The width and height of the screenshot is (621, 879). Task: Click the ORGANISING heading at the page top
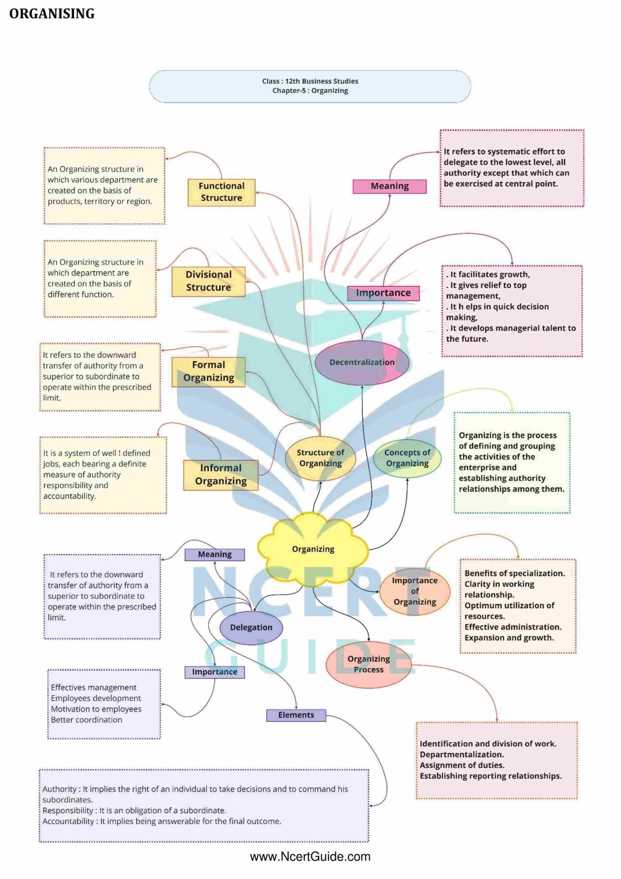(x=52, y=14)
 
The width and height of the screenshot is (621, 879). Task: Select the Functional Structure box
(x=221, y=192)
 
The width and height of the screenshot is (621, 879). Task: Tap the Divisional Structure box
(x=208, y=281)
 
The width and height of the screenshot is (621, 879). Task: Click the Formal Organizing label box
(x=208, y=372)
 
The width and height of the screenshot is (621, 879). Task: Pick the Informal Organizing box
(x=221, y=475)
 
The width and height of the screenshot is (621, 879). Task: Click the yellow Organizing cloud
(x=313, y=549)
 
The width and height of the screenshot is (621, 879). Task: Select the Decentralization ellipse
(x=362, y=362)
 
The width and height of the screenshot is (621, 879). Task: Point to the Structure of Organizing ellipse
(x=321, y=458)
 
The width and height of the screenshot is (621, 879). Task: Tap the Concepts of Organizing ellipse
(x=407, y=458)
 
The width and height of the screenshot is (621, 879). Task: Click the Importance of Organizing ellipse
(x=415, y=591)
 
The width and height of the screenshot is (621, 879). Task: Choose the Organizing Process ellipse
(x=368, y=664)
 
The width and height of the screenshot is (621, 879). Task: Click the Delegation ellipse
(x=251, y=627)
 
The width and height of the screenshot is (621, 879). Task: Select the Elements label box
(x=296, y=715)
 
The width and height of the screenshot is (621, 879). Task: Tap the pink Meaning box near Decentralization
(x=389, y=186)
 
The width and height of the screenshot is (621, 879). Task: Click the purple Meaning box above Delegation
(x=214, y=555)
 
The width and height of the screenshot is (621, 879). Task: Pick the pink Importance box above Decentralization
(x=383, y=293)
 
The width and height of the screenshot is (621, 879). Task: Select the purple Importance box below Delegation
(x=214, y=672)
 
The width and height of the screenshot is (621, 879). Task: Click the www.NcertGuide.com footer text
(x=310, y=857)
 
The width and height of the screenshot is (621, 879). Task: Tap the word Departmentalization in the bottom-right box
(x=462, y=754)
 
